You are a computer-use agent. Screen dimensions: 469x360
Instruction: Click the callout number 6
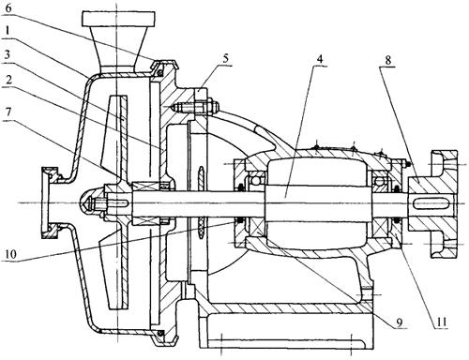click(x=8, y=8)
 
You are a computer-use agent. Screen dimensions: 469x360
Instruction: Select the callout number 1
click(x=8, y=31)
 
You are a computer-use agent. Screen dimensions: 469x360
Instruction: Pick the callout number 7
click(x=8, y=112)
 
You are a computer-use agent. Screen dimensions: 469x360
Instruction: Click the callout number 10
click(x=10, y=254)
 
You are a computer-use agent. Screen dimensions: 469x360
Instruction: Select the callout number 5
click(x=225, y=58)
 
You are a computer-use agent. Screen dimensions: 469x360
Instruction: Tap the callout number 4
click(x=319, y=59)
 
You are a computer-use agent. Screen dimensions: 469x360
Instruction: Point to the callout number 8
click(x=387, y=59)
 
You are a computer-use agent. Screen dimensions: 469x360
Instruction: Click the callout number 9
click(x=400, y=322)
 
